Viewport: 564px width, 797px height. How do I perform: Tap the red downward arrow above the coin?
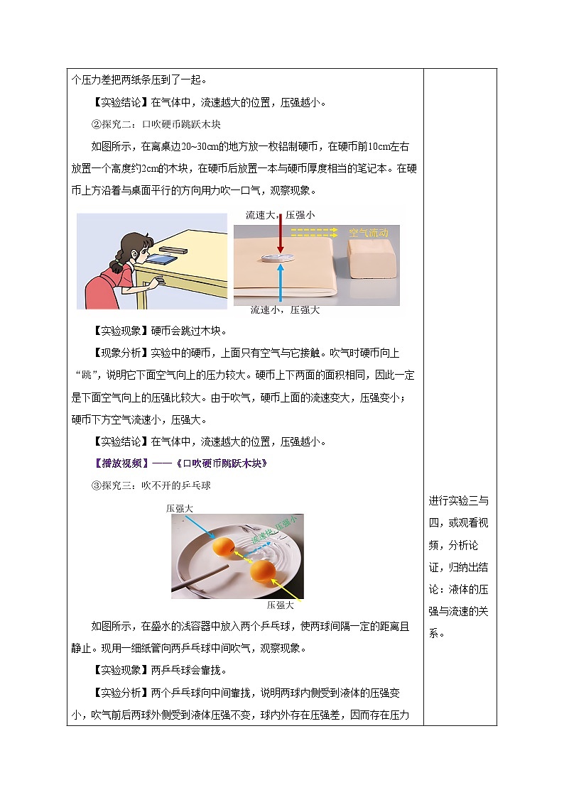tap(281, 234)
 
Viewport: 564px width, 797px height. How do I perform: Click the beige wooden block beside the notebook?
tap(372, 258)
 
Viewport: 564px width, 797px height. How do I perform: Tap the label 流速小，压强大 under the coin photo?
tap(285, 310)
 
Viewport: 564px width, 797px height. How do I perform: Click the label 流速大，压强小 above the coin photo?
tap(280, 214)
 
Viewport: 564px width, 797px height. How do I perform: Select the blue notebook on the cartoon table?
tap(162, 260)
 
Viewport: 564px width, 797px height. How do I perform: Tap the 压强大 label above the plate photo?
tap(180, 508)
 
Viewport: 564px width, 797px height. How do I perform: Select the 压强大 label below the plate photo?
tap(281, 605)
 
